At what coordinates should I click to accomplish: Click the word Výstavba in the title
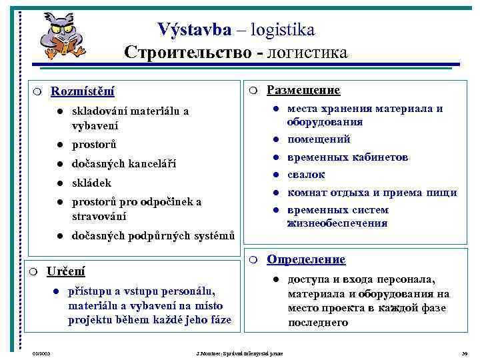coord(195,30)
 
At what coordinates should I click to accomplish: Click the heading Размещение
coord(303,90)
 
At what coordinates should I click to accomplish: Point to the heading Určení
coord(65,271)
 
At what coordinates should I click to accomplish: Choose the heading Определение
coord(306,259)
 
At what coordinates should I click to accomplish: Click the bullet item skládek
coord(91,183)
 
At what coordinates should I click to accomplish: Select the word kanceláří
coord(153,163)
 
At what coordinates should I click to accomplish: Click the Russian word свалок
coord(306,175)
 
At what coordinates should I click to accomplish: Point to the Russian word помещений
coord(319,139)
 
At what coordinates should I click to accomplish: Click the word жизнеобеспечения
coord(337,223)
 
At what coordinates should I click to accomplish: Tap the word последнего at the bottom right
coord(318,323)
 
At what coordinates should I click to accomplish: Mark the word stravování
coord(98,217)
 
